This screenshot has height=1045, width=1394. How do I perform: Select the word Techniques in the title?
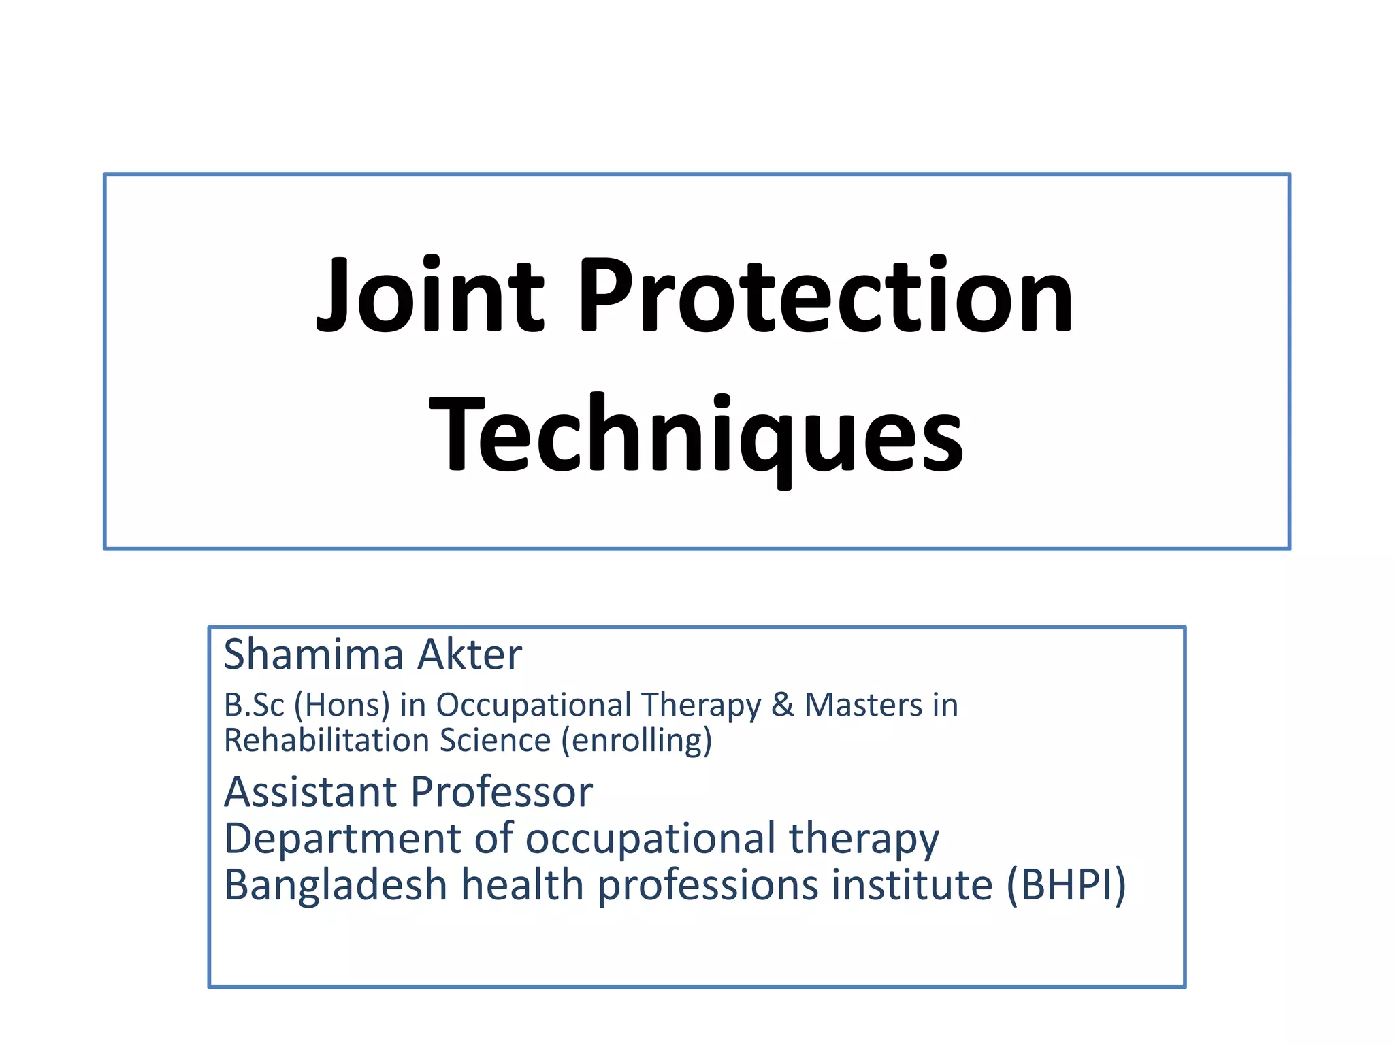tap(696, 435)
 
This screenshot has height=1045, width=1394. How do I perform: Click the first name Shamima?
tap(314, 654)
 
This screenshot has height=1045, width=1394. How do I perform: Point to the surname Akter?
tap(470, 654)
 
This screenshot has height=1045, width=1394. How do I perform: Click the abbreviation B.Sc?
tap(254, 705)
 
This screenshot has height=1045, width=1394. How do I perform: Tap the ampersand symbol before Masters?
tap(783, 705)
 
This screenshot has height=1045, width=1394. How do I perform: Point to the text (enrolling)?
tap(636, 742)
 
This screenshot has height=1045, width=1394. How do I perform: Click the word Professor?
tap(502, 793)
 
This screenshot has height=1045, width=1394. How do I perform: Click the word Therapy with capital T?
tap(701, 706)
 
